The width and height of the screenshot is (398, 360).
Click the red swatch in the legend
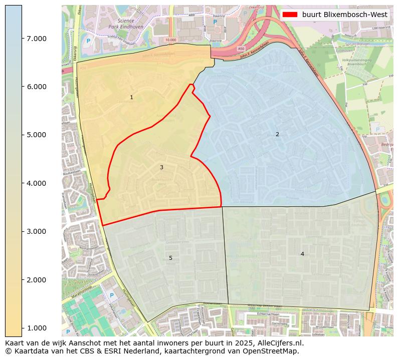click(290, 15)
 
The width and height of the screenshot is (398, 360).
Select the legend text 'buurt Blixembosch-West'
click(345, 15)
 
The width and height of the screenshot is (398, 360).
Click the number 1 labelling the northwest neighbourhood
click(131, 98)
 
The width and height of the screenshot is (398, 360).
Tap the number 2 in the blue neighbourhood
click(277, 134)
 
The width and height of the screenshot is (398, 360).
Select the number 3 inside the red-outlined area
click(161, 167)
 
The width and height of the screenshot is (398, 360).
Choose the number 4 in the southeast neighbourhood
click(302, 254)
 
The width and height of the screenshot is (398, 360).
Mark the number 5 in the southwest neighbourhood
click(170, 258)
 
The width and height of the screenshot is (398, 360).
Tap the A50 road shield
click(241, 49)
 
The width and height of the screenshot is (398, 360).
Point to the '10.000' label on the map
click(171, 40)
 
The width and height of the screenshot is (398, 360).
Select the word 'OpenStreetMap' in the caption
click(274, 351)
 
